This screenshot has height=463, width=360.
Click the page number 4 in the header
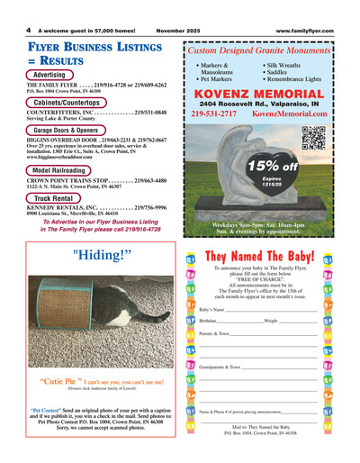coord(16,29)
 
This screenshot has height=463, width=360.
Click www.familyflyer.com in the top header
coord(316,29)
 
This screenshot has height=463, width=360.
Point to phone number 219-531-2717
coord(214,114)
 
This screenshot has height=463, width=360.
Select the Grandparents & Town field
coord(220,368)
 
